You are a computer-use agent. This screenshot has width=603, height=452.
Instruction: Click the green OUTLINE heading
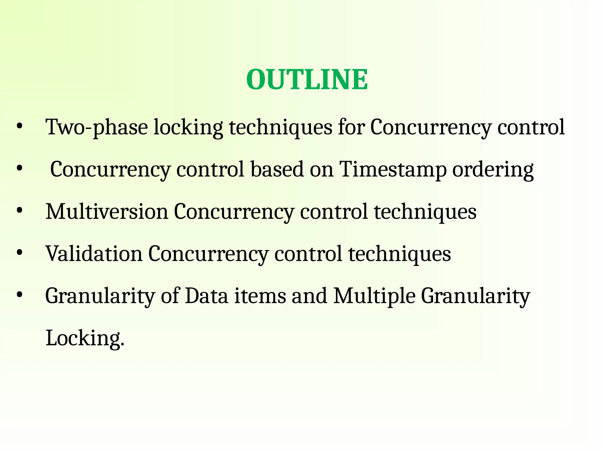point(307,79)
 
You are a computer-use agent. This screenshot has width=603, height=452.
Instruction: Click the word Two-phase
point(97,127)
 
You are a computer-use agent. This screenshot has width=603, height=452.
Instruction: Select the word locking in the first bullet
point(188,127)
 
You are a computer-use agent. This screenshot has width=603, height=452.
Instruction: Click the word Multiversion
point(107,212)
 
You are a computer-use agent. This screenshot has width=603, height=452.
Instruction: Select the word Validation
point(94,254)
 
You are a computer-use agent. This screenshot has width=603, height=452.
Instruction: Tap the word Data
point(206,296)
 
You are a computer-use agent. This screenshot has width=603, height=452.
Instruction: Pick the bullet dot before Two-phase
point(19,127)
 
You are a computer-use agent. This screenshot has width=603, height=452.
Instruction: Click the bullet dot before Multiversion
point(19,211)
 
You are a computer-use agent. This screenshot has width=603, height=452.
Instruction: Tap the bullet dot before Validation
point(19,253)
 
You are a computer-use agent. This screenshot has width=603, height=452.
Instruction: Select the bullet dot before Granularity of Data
point(19,295)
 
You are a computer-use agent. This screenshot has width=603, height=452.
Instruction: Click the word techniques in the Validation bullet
point(400,254)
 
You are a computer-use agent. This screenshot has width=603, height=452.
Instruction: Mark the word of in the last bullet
point(170,296)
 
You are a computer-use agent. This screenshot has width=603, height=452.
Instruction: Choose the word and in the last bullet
point(309,296)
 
